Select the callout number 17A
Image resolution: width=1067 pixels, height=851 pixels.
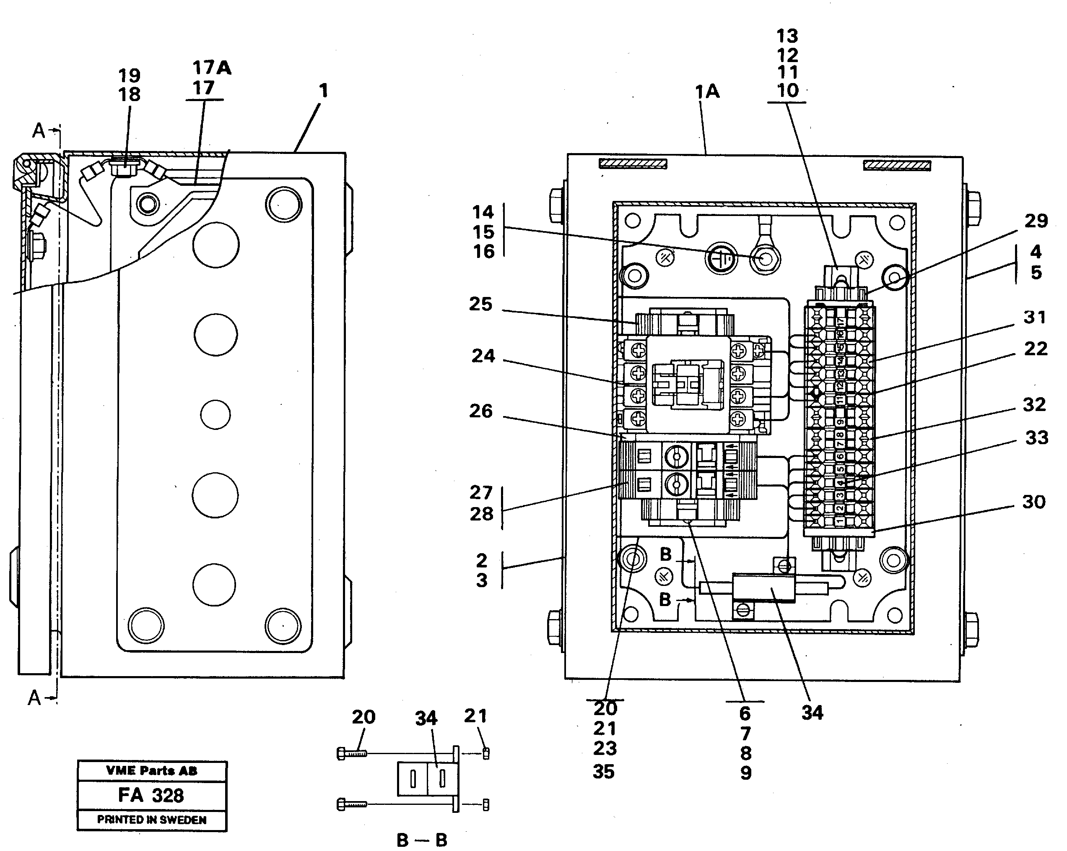point(212,68)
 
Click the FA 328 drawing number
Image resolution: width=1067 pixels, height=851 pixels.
point(151,795)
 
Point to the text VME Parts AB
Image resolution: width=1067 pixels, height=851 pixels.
point(151,770)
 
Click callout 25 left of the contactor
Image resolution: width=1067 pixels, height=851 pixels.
point(481,304)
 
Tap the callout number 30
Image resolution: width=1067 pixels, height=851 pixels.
point(1033,502)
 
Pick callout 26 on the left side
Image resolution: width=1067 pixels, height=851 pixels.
point(481,411)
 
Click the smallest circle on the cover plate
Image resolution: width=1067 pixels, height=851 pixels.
point(215,414)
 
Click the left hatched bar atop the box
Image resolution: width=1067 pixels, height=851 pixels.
point(633,164)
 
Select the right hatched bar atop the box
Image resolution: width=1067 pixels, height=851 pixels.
point(897,165)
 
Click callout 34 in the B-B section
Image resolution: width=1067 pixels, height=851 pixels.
point(426,718)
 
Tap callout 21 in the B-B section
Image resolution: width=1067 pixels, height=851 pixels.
point(475,716)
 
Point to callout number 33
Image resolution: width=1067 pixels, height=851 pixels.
point(1036,437)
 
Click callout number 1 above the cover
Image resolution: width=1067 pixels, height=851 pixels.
point(323,91)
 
